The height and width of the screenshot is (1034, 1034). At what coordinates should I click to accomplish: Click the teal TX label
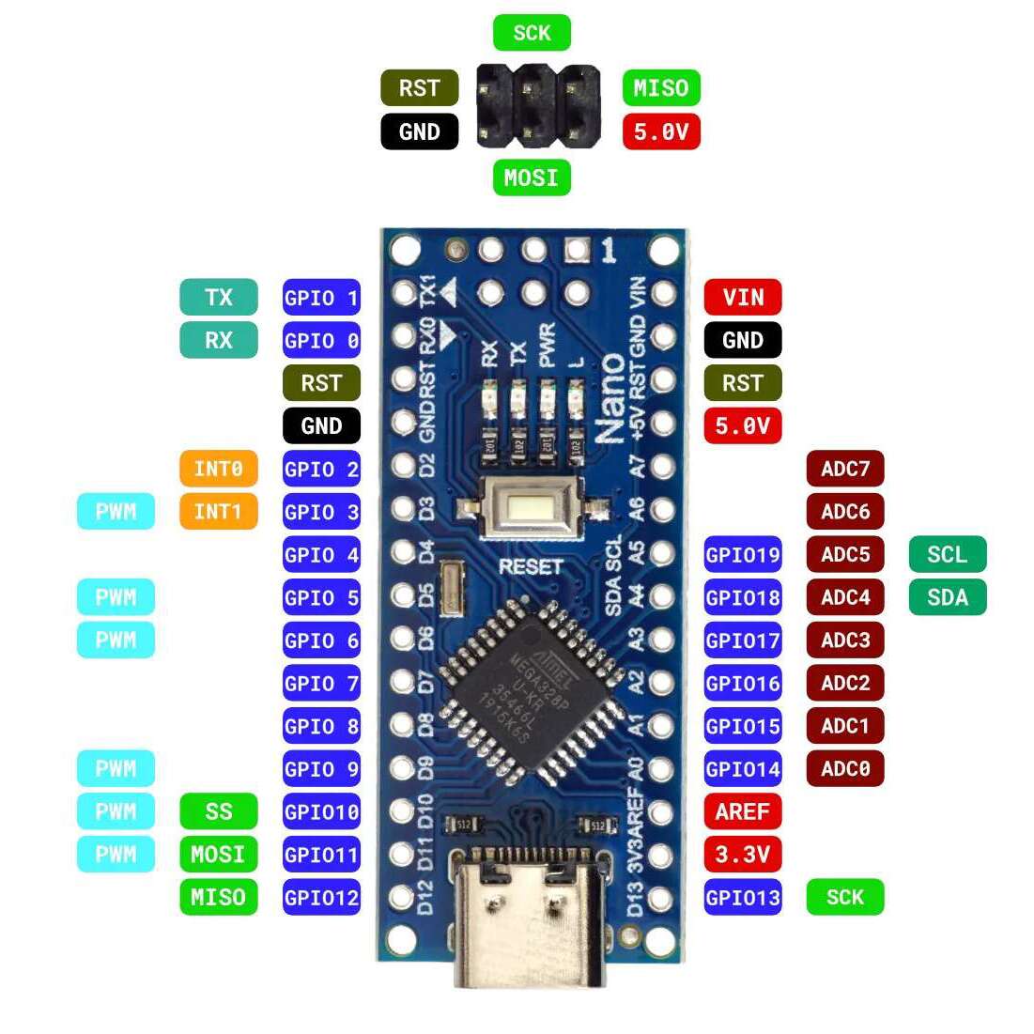[218, 297]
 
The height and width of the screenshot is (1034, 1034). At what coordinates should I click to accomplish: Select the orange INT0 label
[218, 468]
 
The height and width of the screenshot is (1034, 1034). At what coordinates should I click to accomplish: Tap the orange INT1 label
[218, 511]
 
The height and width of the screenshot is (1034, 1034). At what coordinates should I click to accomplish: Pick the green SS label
[218, 810]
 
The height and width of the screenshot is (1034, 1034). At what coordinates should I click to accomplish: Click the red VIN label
[742, 297]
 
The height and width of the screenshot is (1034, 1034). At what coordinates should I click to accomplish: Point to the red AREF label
[742, 810]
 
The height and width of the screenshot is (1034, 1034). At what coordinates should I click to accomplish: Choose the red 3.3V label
[742, 854]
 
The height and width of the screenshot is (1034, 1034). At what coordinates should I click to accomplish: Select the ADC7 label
[844, 468]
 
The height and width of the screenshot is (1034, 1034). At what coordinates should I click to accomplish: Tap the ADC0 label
[844, 768]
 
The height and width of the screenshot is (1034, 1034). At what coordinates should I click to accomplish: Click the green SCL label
[947, 554]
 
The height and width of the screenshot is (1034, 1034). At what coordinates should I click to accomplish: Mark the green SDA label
[947, 597]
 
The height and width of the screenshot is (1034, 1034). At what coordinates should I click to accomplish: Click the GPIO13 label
[742, 897]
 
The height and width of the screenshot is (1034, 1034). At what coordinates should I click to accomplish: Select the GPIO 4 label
[321, 554]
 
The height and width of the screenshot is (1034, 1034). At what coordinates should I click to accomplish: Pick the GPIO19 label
[742, 554]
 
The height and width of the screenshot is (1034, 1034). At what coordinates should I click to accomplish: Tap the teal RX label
[218, 340]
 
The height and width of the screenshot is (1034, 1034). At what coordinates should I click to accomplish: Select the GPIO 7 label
[321, 683]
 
